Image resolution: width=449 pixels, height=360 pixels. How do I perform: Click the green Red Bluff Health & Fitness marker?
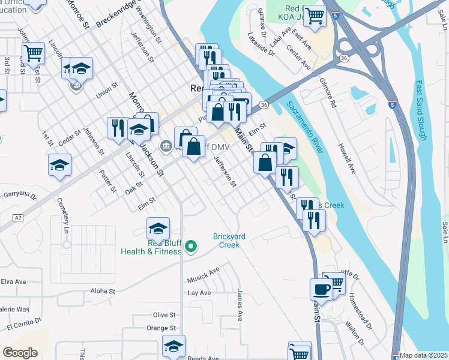click(191, 246)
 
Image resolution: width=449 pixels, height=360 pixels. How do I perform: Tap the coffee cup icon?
click(321, 289)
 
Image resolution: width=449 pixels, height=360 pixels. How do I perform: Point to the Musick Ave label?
click(203, 274)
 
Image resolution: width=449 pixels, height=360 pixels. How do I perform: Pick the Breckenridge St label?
click(116, 21)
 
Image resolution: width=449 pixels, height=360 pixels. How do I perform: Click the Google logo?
click(20, 353)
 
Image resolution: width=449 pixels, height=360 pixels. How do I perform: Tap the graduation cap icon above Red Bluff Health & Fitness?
click(158, 228)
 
